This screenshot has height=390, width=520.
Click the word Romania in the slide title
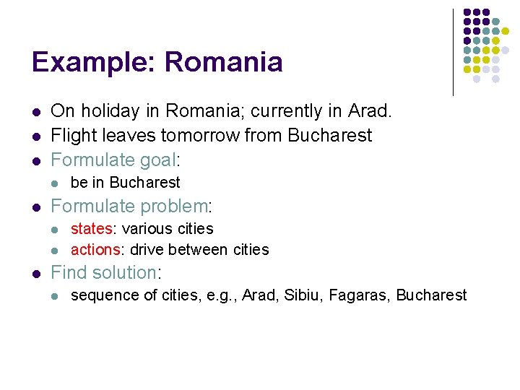pyautogui.click(x=223, y=62)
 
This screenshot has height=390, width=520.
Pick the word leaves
pyautogui.click(x=127, y=135)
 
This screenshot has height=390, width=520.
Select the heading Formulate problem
pyautogui.click(x=129, y=207)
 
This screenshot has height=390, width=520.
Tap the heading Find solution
pyautogui.click(x=104, y=273)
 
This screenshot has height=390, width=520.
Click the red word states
pyautogui.click(x=91, y=229)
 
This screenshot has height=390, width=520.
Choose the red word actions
pyautogui.click(x=95, y=250)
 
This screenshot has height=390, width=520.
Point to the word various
pyautogui.click(x=147, y=229)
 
